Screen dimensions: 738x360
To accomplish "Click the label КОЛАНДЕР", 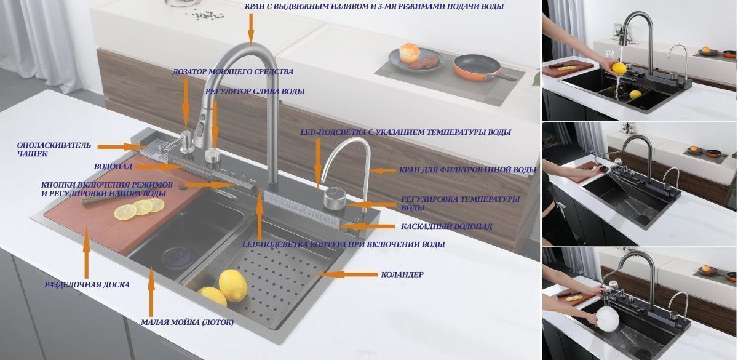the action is (402, 274).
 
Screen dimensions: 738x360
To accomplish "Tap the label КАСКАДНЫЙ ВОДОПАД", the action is (446, 226).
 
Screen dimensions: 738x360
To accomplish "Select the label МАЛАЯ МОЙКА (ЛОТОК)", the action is (188, 322).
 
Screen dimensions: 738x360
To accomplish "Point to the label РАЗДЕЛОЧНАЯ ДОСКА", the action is (87, 284).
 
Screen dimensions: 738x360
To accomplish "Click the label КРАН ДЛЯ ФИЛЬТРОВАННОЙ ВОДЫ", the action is (468, 170).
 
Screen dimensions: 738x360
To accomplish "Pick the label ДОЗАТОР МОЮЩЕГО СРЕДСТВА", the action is (232, 71).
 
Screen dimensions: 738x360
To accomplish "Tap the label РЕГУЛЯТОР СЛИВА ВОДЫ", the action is (255, 91).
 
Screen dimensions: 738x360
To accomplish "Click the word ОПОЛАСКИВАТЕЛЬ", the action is (54, 145).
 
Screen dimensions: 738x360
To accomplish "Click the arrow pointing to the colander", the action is (347, 274).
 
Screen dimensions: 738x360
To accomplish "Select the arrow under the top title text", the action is (251, 29).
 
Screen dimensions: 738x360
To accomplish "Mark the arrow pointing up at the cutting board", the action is (87, 252).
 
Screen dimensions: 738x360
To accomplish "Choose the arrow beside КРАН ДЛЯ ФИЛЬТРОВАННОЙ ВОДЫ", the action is (383, 170).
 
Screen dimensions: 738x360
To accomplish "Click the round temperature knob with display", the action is (334, 198).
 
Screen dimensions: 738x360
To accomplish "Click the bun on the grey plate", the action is (409, 53).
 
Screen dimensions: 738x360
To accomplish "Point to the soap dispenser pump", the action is (187, 141).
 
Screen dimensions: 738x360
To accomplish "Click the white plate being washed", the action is (608, 319).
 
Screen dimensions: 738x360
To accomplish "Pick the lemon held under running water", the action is (619, 68).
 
